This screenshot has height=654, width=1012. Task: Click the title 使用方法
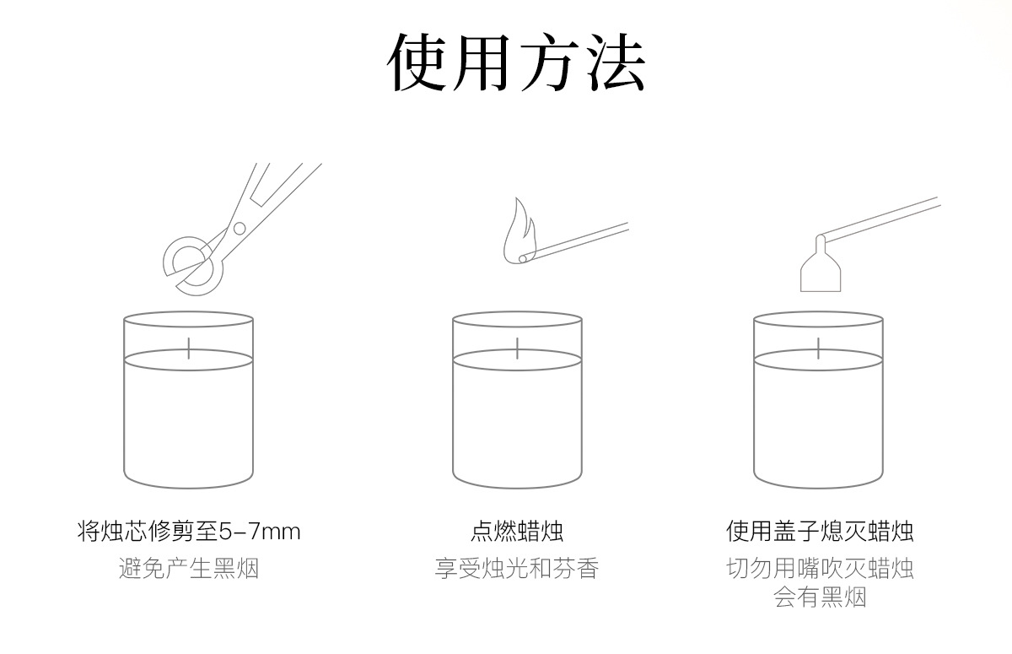[x=516, y=63]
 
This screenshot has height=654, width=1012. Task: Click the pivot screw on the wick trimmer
[x=240, y=228]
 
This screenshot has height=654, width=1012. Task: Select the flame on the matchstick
[x=517, y=229]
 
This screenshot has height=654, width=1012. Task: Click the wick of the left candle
[x=189, y=347]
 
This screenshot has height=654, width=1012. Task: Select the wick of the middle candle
[x=517, y=347]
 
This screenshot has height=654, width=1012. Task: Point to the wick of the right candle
[x=818, y=347]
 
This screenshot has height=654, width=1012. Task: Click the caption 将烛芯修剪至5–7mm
[x=189, y=532]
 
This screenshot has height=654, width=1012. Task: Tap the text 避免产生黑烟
[x=189, y=569]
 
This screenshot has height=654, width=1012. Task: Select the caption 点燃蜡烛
[x=517, y=532]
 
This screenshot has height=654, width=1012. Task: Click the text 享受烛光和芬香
[x=517, y=569]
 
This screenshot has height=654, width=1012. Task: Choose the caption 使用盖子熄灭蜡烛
[x=820, y=532]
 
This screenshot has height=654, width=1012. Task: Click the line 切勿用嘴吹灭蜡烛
[x=820, y=569]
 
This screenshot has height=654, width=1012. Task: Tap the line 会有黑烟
[x=820, y=598]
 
